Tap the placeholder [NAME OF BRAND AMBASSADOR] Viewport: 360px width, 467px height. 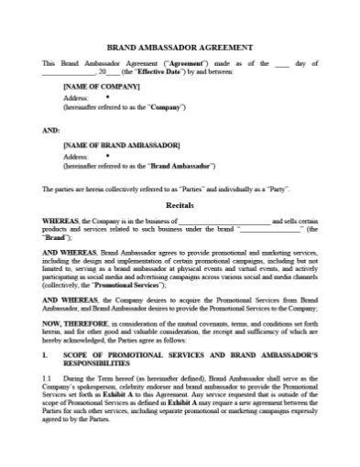tap(121, 146)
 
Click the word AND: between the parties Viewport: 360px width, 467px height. tap(51, 129)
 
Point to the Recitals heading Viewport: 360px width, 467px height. tap(180, 207)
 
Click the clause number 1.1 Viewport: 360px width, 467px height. tap(48, 378)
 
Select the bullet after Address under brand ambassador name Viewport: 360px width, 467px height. tap(107, 156)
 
